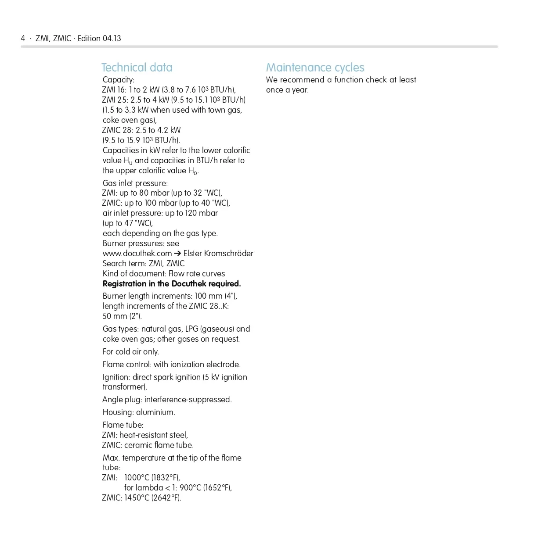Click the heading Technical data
[137, 68]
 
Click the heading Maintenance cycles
[315, 68]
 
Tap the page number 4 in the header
[23, 39]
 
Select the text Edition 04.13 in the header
[99, 39]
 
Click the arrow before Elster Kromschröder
[177, 254]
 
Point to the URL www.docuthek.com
[137, 254]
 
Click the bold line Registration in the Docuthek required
[172, 284]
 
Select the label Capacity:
[119, 80]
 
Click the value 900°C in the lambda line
[190, 488]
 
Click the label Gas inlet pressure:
[135, 183]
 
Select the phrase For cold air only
[130, 352]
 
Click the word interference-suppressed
[188, 400]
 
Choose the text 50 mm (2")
[122, 316]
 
